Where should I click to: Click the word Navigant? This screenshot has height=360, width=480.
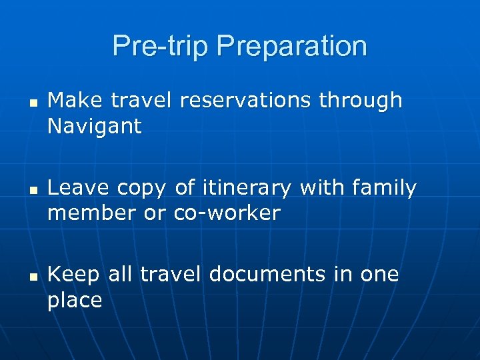[x=95, y=127]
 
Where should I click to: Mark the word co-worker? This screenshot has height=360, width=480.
[x=227, y=213]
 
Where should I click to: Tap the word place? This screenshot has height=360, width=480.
[x=75, y=301]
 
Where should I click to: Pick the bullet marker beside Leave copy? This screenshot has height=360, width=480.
[x=31, y=190]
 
